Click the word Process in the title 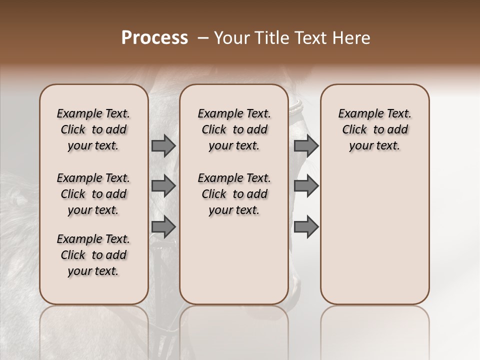[x=154, y=38]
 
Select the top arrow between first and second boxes [x=163, y=146]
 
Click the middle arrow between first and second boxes [x=163, y=186]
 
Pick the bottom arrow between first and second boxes [x=163, y=227]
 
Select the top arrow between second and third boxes [x=306, y=146]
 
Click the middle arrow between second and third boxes [x=306, y=186]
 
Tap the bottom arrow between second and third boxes [x=306, y=227]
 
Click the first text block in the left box [x=93, y=129]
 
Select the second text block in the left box [x=93, y=194]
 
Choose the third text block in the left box [x=93, y=255]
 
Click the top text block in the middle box [x=234, y=129]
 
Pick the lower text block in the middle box [x=234, y=194]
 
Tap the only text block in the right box [x=374, y=129]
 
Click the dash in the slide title [x=202, y=38]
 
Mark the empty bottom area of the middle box [x=234, y=265]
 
